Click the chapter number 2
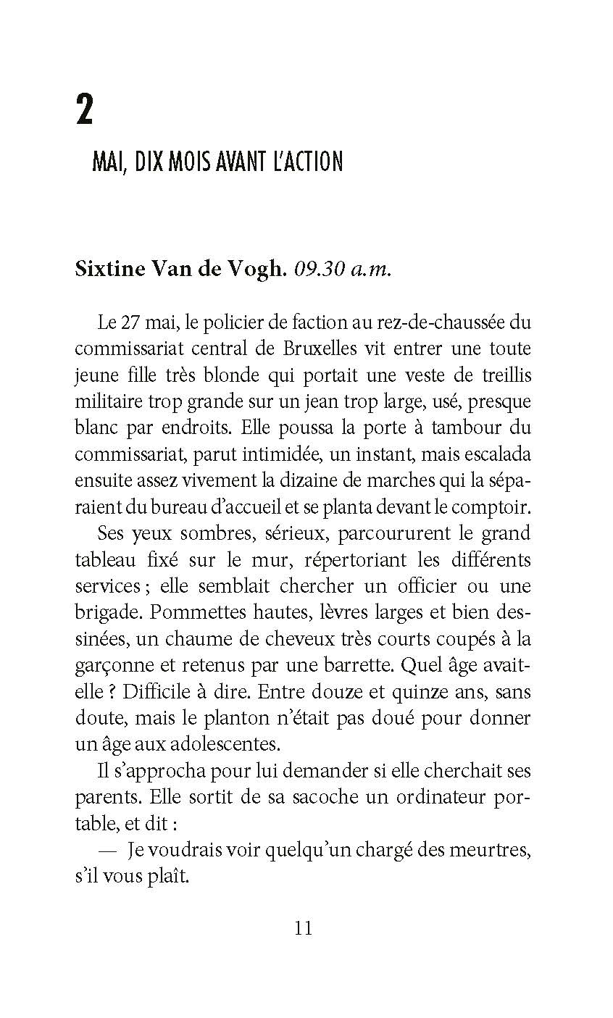click(x=85, y=111)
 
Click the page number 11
click(x=304, y=927)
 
